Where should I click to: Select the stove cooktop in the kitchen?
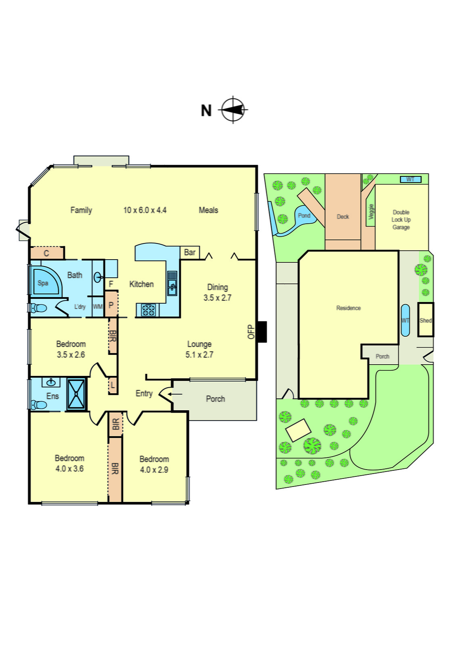click(x=148, y=310)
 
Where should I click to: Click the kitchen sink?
click(x=172, y=282)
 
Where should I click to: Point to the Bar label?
click(x=190, y=252)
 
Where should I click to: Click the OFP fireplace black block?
click(x=262, y=331)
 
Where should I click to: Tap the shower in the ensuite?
click(x=76, y=394)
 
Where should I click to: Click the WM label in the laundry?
click(x=98, y=306)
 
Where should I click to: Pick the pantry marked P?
click(x=111, y=305)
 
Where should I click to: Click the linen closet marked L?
click(x=113, y=385)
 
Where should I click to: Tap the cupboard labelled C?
click(x=47, y=253)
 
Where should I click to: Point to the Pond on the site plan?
click(x=304, y=216)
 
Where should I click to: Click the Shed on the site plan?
click(x=426, y=320)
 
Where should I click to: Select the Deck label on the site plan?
click(x=343, y=217)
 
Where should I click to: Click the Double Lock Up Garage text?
click(x=401, y=220)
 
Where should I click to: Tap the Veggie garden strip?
click(x=371, y=212)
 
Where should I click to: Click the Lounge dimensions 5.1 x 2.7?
click(x=199, y=355)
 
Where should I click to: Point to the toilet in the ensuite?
click(x=40, y=404)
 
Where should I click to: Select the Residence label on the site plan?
click(x=348, y=308)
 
